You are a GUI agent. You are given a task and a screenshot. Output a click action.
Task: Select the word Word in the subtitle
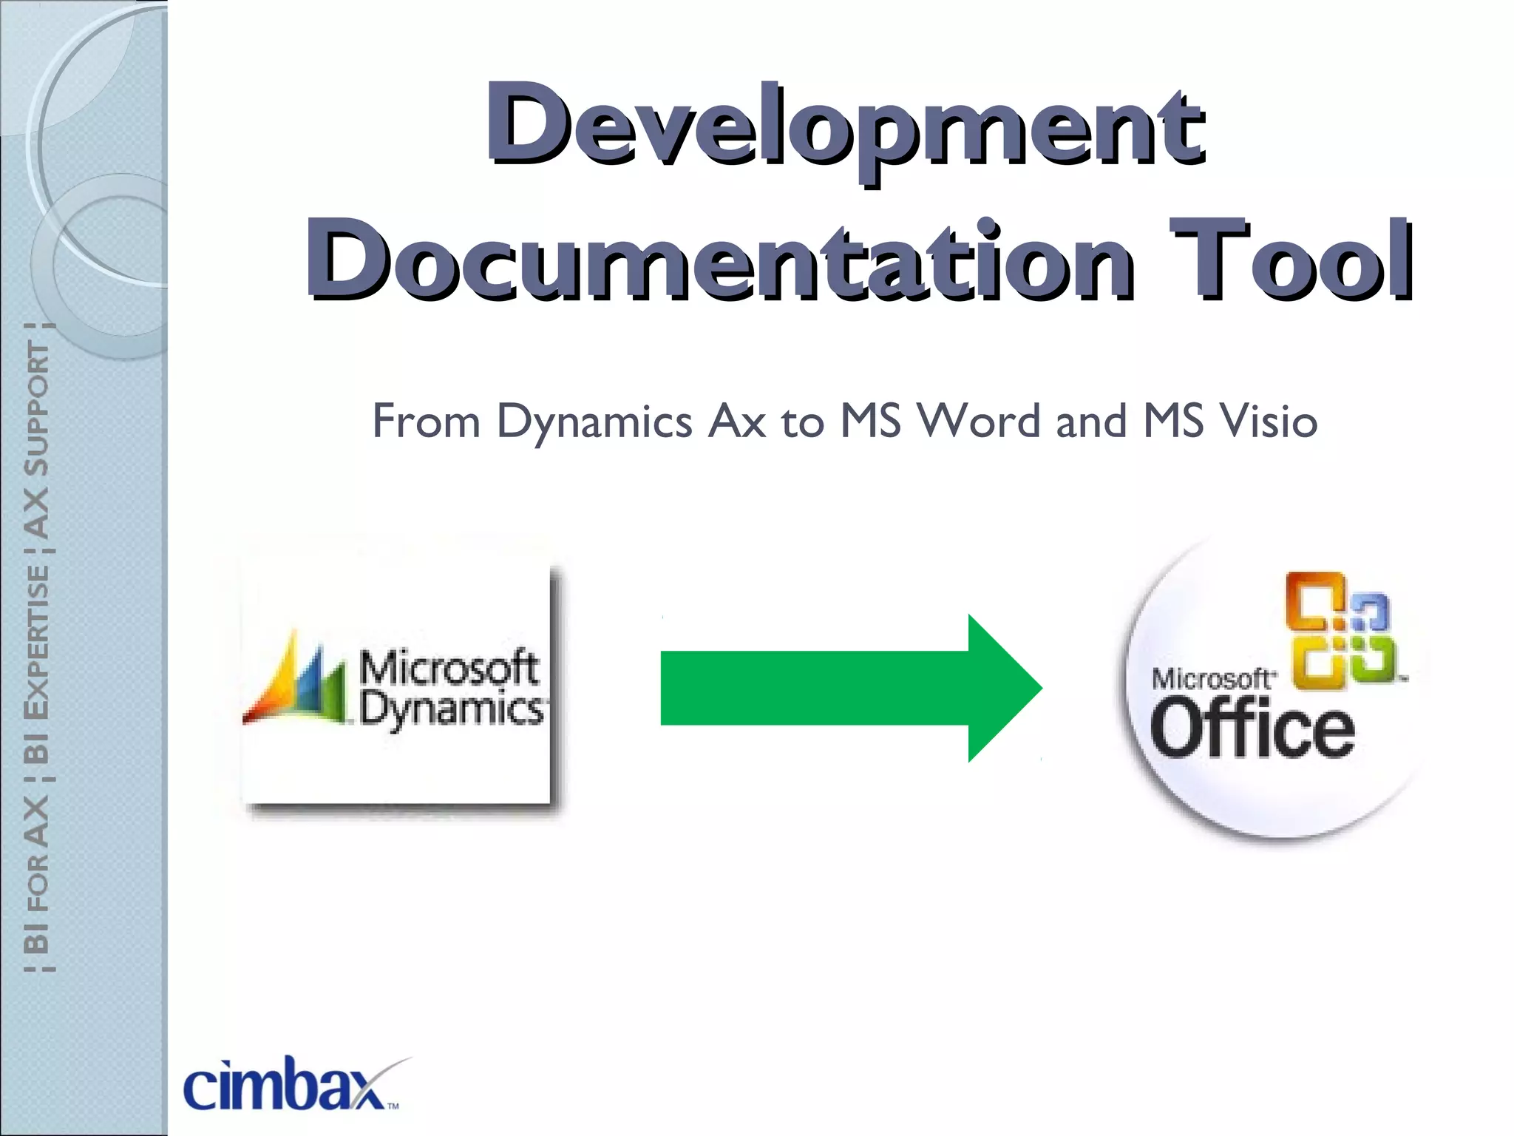(x=980, y=421)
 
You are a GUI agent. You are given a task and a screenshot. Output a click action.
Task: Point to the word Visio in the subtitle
(x=1268, y=421)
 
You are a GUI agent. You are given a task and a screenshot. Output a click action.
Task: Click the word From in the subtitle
(x=426, y=421)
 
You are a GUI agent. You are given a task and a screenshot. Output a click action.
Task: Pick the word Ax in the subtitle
(x=736, y=422)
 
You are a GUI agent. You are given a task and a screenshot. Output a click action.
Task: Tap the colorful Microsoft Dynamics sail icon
(x=296, y=680)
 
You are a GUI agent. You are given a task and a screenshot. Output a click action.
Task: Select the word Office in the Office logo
(x=1252, y=731)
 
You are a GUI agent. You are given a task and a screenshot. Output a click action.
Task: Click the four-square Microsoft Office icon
(x=1340, y=630)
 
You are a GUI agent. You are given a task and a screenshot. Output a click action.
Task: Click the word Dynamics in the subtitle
(x=594, y=422)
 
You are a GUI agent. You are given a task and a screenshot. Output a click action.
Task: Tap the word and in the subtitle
(x=1092, y=421)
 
